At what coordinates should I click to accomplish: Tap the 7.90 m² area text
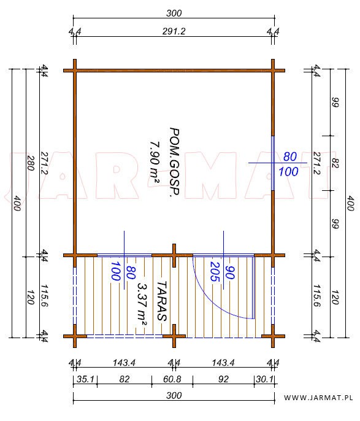point(155,163)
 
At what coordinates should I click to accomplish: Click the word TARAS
point(162,301)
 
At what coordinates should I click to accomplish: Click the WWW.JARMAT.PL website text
point(318,398)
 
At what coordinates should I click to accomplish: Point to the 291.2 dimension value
point(174,31)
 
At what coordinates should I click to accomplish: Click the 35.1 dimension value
point(85,379)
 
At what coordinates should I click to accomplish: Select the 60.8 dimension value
point(172,379)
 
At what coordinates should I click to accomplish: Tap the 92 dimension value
point(223,379)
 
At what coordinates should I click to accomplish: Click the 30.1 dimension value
point(264,379)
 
